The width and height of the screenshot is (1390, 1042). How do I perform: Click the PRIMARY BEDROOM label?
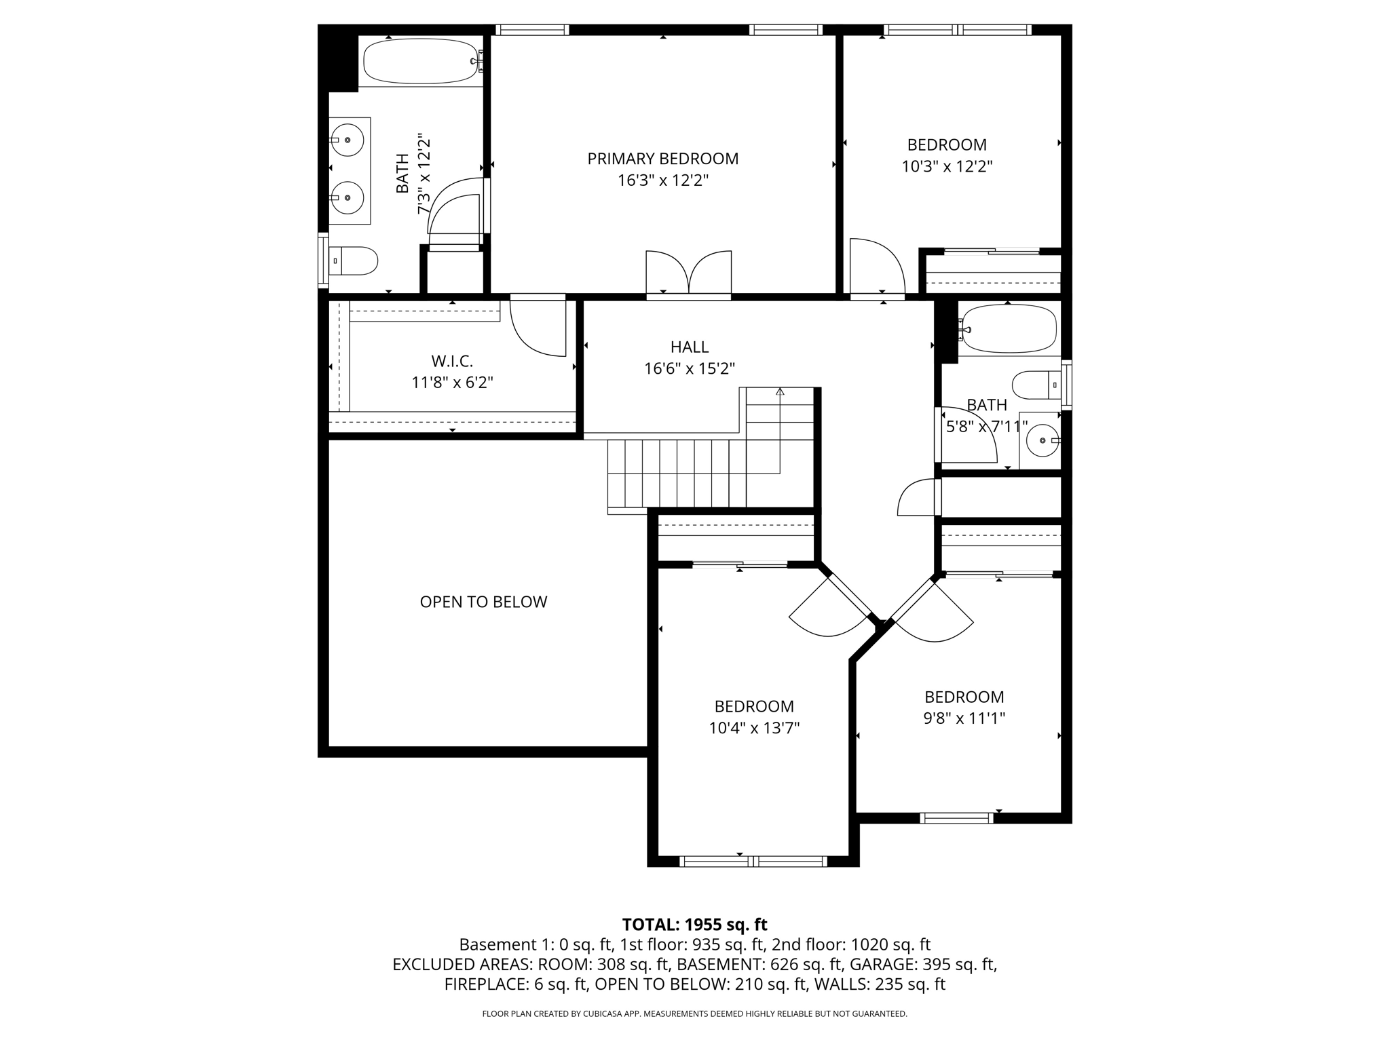click(x=662, y=159)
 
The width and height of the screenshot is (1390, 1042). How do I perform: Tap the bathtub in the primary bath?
click(x=421, y=61)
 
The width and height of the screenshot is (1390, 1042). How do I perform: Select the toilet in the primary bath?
click(x=355, y=260)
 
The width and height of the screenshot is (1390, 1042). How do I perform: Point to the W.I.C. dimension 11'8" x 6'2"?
click(x=452, y=383)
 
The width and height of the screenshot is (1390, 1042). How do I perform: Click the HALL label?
click(x=690, y=347)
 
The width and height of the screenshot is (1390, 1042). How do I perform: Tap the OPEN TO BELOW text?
click(x=483, y=602)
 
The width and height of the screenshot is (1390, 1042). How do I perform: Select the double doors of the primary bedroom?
click(x=688, y=273)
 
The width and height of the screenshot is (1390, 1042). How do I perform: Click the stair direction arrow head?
click(x=780, y=391)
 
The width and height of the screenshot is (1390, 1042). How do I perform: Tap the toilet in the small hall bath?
click(x=1034, y=385)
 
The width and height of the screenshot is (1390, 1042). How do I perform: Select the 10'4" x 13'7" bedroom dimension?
click(x=754, y=729)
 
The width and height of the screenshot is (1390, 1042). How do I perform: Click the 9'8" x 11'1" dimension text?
click(x=964, y=718)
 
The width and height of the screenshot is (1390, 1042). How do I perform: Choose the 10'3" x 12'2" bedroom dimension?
click(x=947, y=167)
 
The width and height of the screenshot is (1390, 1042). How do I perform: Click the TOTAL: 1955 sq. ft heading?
click(x=694, y=925)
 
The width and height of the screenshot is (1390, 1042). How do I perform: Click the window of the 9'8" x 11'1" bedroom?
click(x=956, y=818)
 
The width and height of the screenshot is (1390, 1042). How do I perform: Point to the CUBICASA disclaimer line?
click(x=694, y=1014)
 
